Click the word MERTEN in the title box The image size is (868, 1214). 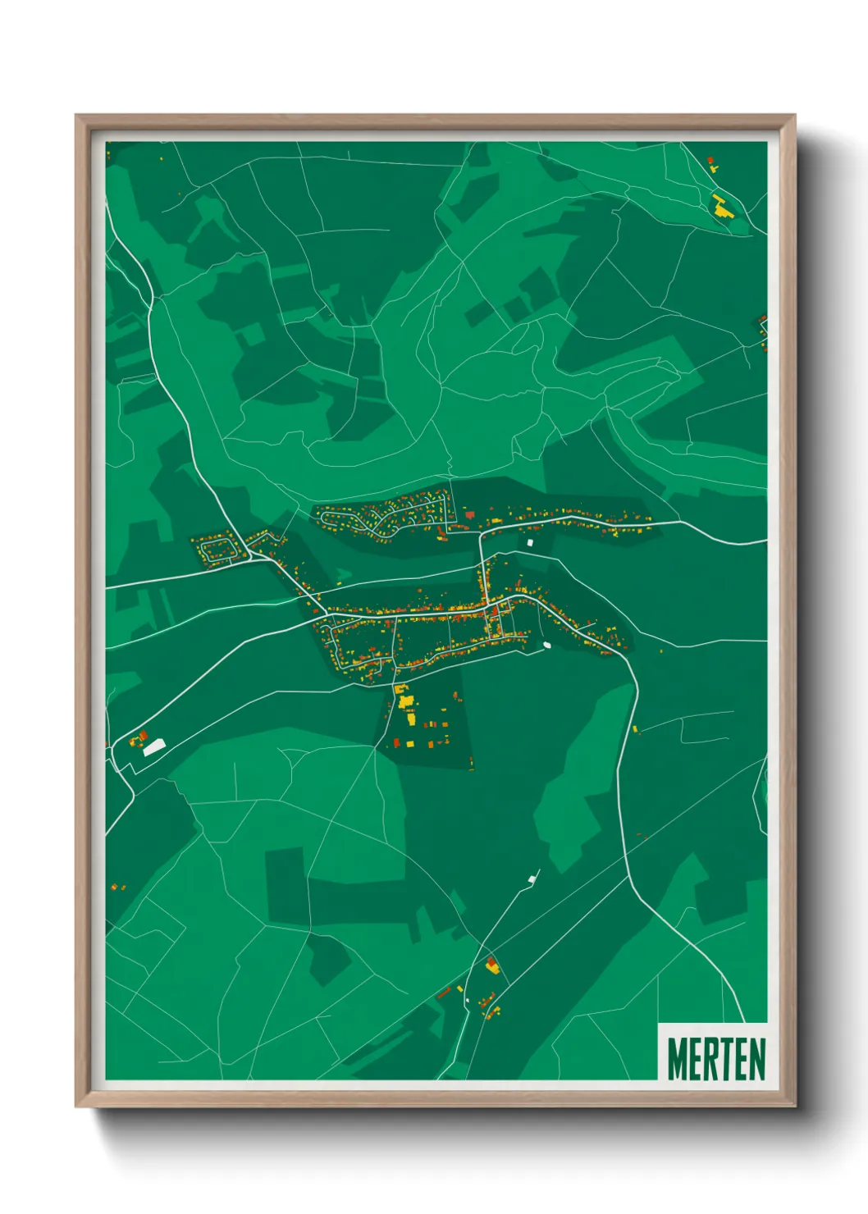coord(716,1058)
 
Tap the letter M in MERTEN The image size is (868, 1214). coord(678,1058)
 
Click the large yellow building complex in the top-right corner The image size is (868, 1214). coord(721,207)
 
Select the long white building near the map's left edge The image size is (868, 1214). coord(154,746)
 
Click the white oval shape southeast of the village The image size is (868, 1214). coord(546,645)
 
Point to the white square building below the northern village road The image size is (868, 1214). coord(529,542)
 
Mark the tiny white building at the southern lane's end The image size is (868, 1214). coord(532,879)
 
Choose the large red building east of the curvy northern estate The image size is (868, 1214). coord(470,514)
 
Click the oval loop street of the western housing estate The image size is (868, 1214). coord(219,549)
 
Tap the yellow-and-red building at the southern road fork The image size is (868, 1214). coord(492,965)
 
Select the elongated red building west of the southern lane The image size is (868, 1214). coord(445,993)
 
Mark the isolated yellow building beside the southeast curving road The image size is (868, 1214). coord(635,728)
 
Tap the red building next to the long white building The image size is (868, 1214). coord(144,735)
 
